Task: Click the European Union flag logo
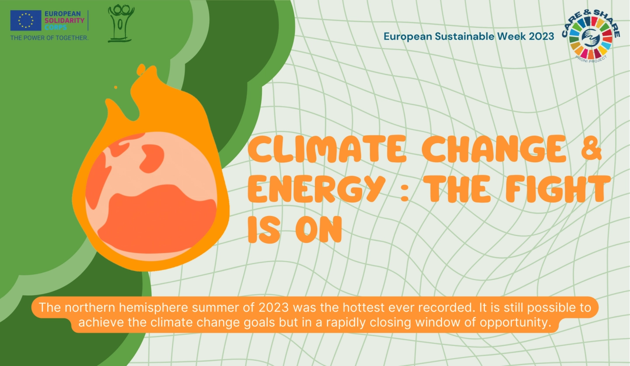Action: coord(26,21)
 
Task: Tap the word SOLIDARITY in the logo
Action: coord(64,21)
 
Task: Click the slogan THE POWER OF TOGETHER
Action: coord(49,38)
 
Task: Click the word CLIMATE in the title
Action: coord(327,149)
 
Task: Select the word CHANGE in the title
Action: coord(494,149)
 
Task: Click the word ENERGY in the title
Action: coord(316,189)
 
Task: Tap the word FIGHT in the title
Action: coord(558,189)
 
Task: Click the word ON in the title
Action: coord(318,229)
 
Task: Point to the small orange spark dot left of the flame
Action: coord(115,88)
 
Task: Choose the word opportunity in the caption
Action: coord(515,323)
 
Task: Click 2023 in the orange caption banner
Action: coord(274,307)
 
